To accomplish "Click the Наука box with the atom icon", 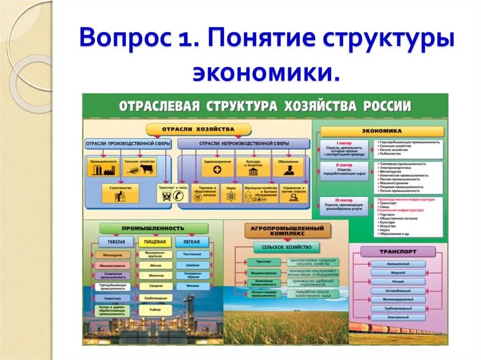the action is pyautogui.click(x=230, y=193).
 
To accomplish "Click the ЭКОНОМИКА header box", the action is pyautogui.click(x=382, y=131).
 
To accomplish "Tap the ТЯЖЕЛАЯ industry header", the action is pyautogui.click(x=116, y=242).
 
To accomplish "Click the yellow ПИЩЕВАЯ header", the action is pyautogui.click(x=155, y=242).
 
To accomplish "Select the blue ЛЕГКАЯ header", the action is pyautogui.click(x=192, y=242).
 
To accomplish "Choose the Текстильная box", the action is pyautogui.click(x=193, y=254).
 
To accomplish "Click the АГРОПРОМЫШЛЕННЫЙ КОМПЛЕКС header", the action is pyautogui.click(x=287, y=230).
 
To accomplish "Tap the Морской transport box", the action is pyautogui.click(x=398, y=273).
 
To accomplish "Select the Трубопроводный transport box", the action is pyautogui.click(x=398, y=309).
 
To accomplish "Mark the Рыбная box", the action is pyautogui.click(x=155, y=309).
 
